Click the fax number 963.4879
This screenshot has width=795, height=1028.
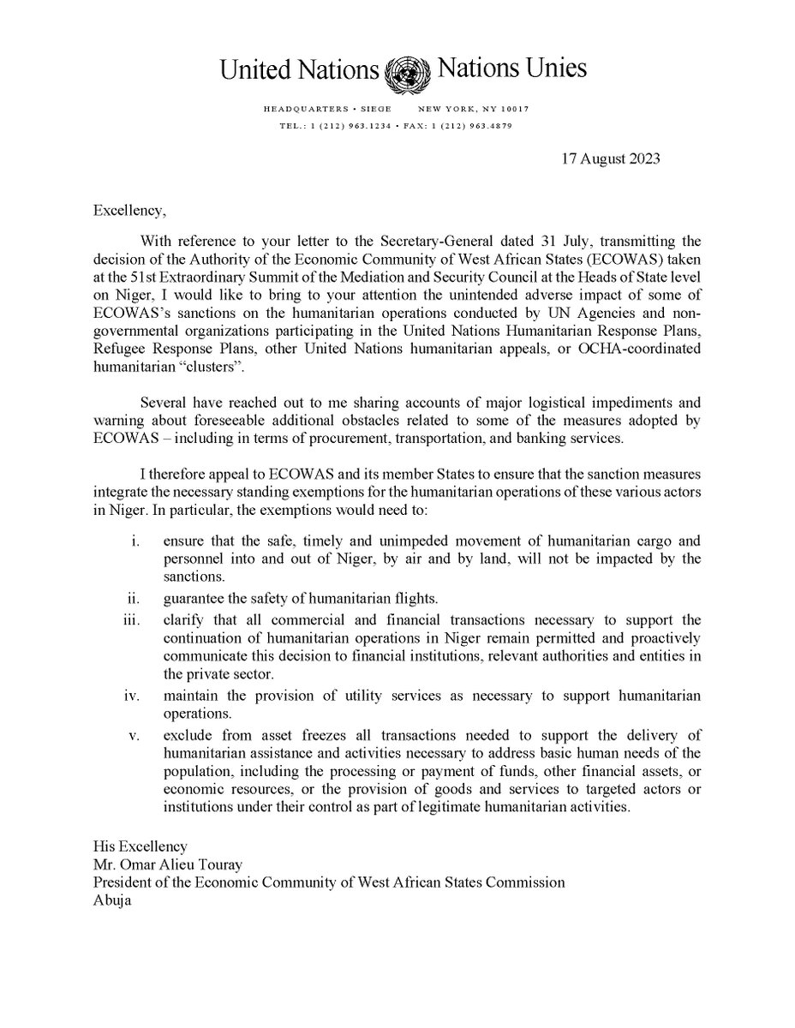click(x=488, y=124)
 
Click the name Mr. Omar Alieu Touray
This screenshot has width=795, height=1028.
click(x=169, y=866)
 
